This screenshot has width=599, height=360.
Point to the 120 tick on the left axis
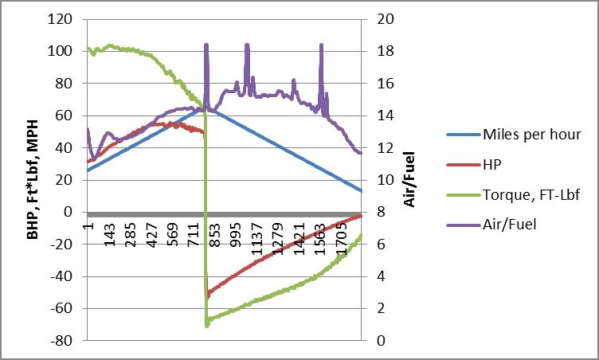(x=62, y=19)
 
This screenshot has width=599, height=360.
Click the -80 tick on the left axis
(x=62, y=340)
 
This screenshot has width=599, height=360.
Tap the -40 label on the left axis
(x=62, y=276)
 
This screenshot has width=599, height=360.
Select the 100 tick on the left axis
(x=62, y=51)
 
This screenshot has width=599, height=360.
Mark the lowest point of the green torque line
(x=207, y=326)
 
